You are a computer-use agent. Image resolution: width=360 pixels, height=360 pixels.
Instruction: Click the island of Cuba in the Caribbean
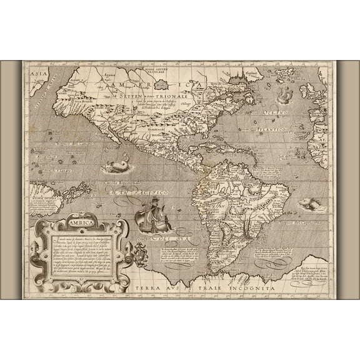point(216,146)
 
